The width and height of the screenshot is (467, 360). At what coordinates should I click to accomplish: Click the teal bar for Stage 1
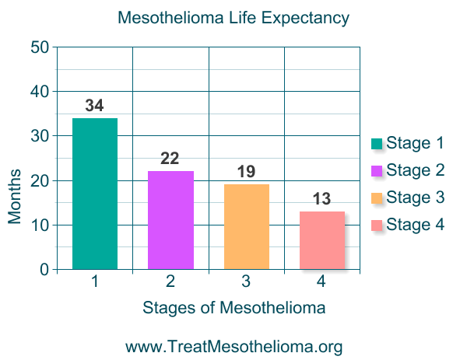(94, 194)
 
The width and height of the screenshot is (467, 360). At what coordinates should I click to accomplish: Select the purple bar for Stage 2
(170, 220)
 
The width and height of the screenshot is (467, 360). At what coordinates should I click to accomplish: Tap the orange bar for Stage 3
(246, 227)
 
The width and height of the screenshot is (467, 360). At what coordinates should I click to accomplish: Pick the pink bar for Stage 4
(321, 240)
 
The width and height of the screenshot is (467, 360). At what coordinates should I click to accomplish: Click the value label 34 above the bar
(94, 105)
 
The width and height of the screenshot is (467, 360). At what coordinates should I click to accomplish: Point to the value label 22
(170, 159)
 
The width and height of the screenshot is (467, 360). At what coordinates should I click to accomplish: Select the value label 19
(246, 172)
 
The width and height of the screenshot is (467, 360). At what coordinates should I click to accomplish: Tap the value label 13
(321, 199)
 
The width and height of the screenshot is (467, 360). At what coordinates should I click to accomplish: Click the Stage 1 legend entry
(407, 143)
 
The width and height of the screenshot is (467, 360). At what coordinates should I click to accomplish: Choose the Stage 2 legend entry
(407, 170)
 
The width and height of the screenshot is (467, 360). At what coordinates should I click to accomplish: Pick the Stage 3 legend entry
(407, 197)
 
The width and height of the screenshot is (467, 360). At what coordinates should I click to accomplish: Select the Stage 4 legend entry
(407, 225)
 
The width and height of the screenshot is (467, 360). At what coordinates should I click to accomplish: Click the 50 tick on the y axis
(40, 47)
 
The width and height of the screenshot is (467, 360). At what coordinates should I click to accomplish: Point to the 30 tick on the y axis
(40, 136)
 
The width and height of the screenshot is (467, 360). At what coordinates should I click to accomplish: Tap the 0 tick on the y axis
(44, 270)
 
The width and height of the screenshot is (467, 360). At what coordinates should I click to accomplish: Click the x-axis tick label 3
(246, 281)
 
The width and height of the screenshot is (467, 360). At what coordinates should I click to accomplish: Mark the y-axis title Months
(16, 194)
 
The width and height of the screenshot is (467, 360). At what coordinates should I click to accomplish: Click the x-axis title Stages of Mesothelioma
(233, 308)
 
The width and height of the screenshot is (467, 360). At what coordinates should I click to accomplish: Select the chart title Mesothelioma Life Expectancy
(233, 17)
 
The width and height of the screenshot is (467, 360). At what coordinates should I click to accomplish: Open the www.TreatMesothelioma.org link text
(233, 346)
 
